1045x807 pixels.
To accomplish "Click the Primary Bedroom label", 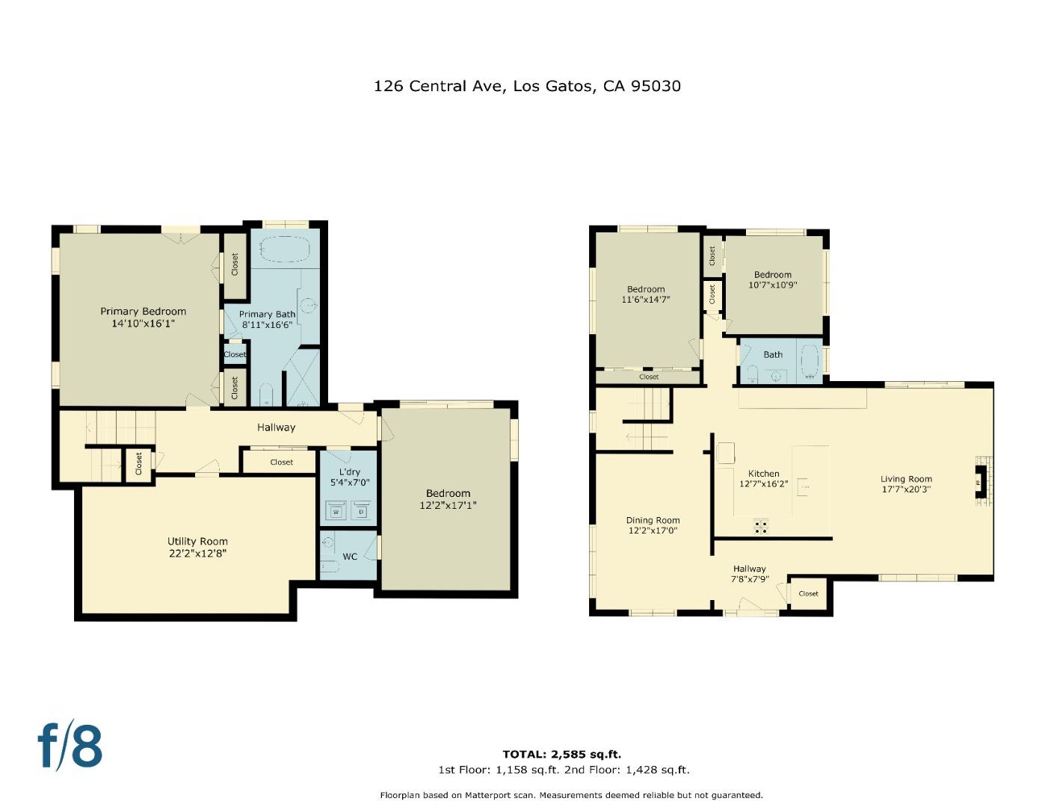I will (144, 312).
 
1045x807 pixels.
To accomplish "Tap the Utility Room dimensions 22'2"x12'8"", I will (197, 554).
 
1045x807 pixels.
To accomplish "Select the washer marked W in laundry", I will (336, 512).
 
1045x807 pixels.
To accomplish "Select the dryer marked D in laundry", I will (361, 512).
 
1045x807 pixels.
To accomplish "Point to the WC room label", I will (350, 557).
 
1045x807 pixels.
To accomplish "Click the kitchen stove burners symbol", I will (761, 527).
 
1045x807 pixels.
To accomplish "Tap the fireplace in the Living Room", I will (981, 482).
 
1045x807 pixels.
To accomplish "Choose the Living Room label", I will (906, 479).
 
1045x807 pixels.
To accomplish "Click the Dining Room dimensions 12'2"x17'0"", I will (653, 531).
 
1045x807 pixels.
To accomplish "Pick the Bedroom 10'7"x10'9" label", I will (772, 274).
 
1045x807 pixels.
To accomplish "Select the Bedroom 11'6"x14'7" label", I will (646, 289).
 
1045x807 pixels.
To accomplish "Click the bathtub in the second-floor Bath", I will (809, 362).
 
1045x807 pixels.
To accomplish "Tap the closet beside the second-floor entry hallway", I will (809, 593).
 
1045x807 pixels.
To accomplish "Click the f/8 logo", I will (70, 745).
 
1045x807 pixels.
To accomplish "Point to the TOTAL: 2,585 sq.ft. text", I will (561, 754).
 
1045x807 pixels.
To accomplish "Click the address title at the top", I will (527, 86).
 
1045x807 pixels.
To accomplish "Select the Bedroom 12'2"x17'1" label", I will (448, 493).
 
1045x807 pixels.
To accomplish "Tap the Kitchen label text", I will (763, 474).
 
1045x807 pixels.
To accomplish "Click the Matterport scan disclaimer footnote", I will (571, 795).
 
